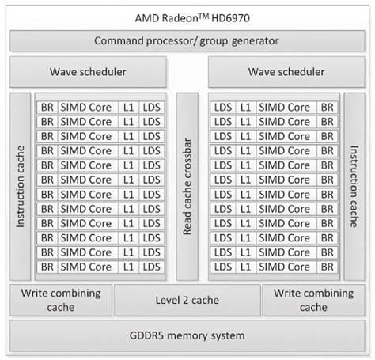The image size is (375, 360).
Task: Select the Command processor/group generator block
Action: click(x=187, y=41)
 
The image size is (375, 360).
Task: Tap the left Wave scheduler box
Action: click(x=88, y=73)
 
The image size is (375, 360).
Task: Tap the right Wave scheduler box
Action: click(x=286, y=73)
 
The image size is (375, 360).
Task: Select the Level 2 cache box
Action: click(x=187, y=300)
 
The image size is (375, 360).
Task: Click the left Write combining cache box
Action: click(x=60, y=300)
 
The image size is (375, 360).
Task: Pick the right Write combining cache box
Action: click(x=313, y=300)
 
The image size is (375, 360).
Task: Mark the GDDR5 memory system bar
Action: click(x=187, y=335)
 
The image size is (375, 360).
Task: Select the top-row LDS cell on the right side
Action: click(x=222, y=107)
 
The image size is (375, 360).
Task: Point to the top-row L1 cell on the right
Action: click(x=246, y=107)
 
